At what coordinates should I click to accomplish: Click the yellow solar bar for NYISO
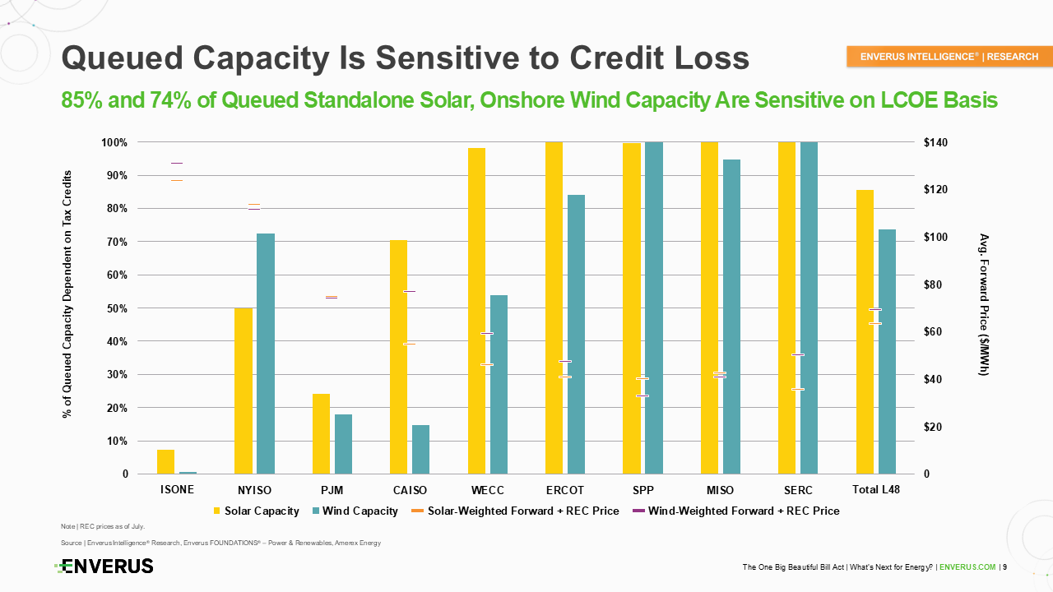pyautogui.click(x=244, y=391)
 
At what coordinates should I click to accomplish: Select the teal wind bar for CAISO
pyautogui.click(x=420, y=450)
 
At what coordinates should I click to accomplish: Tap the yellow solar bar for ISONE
pyautogui.click(x=165, y=462)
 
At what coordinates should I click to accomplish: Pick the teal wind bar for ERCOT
pyautogui.click(x=577, y=334)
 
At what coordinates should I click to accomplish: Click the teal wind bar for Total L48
pyautogui.click(x=887, y=351)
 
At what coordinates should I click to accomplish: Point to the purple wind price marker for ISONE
pyautogui.click(x=177, y=163)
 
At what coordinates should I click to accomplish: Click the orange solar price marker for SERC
pyautogui.click(x=798, y=389)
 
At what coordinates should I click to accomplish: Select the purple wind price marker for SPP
pyautogui.click(x=642, y=396)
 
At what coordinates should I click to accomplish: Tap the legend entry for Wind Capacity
pyautogui.click(x=355, y=511)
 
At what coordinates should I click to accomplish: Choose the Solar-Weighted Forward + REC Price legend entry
pyautogui.click(x=515, y=511)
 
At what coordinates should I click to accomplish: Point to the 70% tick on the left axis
pyautogui.click(x=117, y=242)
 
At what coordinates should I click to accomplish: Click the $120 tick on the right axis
pyautogui.click(x=935, y=189)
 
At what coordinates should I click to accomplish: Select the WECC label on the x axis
pyautogui.click(x=488, y=490)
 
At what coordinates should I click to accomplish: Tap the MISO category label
pyautogui.click(x=720, y=490)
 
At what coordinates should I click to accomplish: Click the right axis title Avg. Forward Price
pyautogui.click(x=984, y=304)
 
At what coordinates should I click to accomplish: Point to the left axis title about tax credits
pyautogui.click(x=67, y=294)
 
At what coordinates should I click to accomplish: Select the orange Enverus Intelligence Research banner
pyautogui.click(x=949, y=57)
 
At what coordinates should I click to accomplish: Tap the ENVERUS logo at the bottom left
pyautogui.click(x=104, y=567)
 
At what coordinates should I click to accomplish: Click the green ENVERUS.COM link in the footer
pyautogui.click(x=967, y=567)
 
